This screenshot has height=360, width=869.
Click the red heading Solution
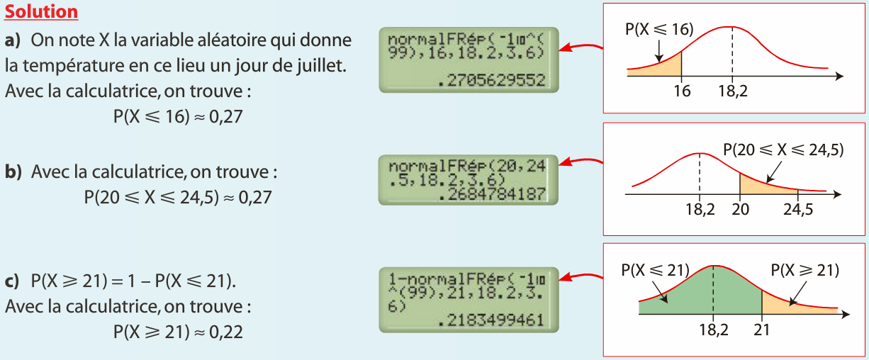41,12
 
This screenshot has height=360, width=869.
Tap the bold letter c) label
13,282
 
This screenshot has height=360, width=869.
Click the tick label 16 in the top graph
682,91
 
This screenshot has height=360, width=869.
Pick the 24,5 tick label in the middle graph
798,209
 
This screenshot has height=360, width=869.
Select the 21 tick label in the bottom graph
762,330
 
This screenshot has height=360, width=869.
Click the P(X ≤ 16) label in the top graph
658,29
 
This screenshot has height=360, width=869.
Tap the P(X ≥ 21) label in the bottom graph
804,270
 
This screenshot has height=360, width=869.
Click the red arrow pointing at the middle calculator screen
580,164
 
